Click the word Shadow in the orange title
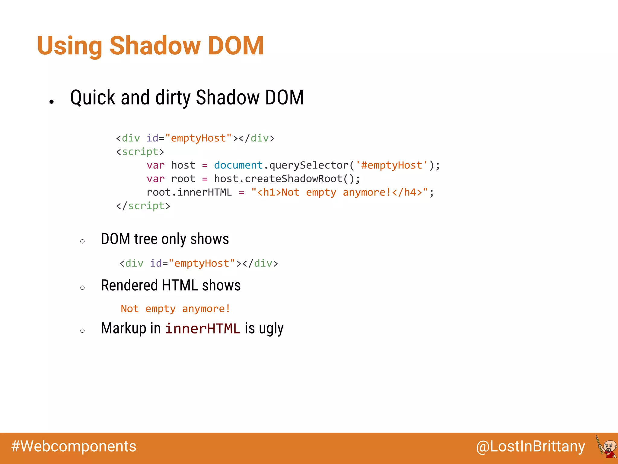154,46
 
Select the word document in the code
238,165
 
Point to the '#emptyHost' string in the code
392,165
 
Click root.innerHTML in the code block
189,192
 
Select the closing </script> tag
143,206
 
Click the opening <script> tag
140,152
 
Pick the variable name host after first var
183,165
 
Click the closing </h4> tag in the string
407,192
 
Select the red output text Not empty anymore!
175,309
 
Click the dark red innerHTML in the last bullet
202,329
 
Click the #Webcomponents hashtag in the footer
74,446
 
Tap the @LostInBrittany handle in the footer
530,446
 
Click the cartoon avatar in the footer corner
607,447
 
